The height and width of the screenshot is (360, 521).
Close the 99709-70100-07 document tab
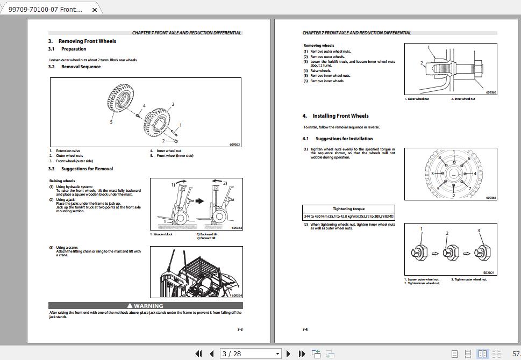pyautogui.click(x=95, y=10)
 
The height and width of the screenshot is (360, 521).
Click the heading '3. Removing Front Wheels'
pyautogui.click(x=82, y=41)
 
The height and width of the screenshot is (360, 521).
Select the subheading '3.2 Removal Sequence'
pyautogui.click(x=75, y=67)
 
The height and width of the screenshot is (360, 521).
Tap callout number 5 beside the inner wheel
pyautogui.click(x=111, y=122)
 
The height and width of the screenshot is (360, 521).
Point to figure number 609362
pyautogui.click(x=234, y=145)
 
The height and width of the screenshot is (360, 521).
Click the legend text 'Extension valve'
pyautogui.click(x=68, y=151)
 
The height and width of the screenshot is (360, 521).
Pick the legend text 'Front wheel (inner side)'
pyautogui.click(x=175, y=156)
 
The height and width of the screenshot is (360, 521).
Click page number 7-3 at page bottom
pyautogui.click(x=240, y=329)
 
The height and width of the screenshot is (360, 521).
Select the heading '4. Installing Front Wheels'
pyautogui.click(x=336, y=116)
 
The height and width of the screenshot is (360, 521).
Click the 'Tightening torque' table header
pyautogui.click(x=348, y=208)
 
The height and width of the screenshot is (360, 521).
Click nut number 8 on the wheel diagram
pyautogui.click(x=439, y=158)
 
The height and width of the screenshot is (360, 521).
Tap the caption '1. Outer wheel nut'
pyautogui.click(x=417, y=99)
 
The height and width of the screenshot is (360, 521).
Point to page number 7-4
pyautogui.click(x=305, y=329)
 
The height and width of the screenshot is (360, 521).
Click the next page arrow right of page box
pyautogui.click(x=289, y=354)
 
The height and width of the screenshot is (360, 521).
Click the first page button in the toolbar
pyautogui.click(x=198, y=354)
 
